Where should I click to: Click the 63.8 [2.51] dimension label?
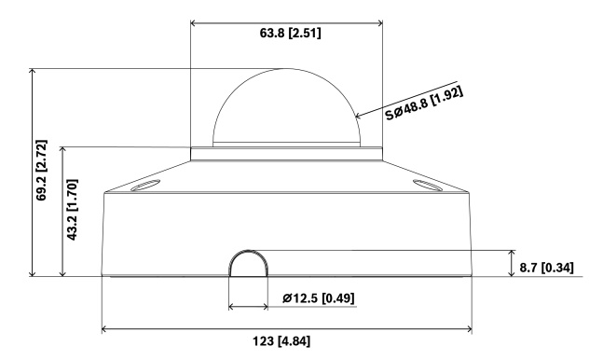(x=291, y=34)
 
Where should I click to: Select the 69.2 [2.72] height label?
(x=41, y=170)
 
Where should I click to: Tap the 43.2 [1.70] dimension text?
(x=72, y=210)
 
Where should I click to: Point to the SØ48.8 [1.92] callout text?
(x=425, y=103)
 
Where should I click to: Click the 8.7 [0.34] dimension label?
(x=546, y=268)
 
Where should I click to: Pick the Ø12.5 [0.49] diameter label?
(x=319, y=298)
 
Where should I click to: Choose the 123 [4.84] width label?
(x=281, y=341)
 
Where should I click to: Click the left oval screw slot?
(x=145, y=186)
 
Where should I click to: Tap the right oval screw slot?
(x=427, y=186)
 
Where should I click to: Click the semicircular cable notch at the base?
(x=249, y=252)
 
